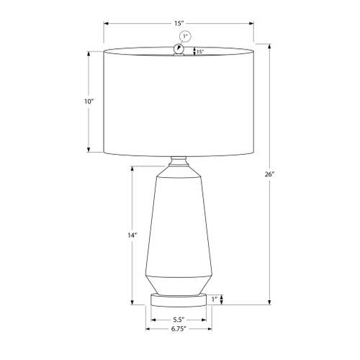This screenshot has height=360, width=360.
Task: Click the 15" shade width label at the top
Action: (x=179, y=24)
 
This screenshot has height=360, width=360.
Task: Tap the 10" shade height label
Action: (x=89, y=102)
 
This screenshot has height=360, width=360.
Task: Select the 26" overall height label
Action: (x=269, y=174)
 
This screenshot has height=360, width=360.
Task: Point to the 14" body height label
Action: (x=132, y=235)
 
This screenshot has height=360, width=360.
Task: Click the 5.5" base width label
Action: (x=179, y=320)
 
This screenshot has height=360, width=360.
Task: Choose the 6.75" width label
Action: (x=179, y=329)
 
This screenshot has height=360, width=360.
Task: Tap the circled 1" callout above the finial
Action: (x=185, y=37)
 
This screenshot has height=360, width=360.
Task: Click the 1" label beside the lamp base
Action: (x=215, y=299)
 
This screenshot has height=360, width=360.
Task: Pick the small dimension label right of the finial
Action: (x=200, y=51)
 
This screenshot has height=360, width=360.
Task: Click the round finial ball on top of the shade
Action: (x=179, y=49)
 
